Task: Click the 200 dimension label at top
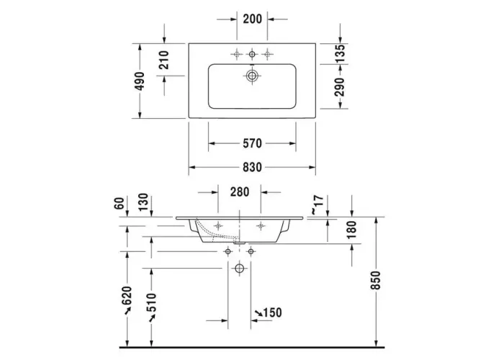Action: [252, 19]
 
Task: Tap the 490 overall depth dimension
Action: [139, 81]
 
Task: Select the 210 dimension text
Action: [163, 60]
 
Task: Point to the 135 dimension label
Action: [340, 53]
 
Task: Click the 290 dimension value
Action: [340, 87]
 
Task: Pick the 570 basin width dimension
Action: [252, 143]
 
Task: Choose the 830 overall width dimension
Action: [252, 167]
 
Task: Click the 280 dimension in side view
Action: [240, 192]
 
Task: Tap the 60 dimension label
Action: [119, 203]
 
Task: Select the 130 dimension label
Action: [143, 202]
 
